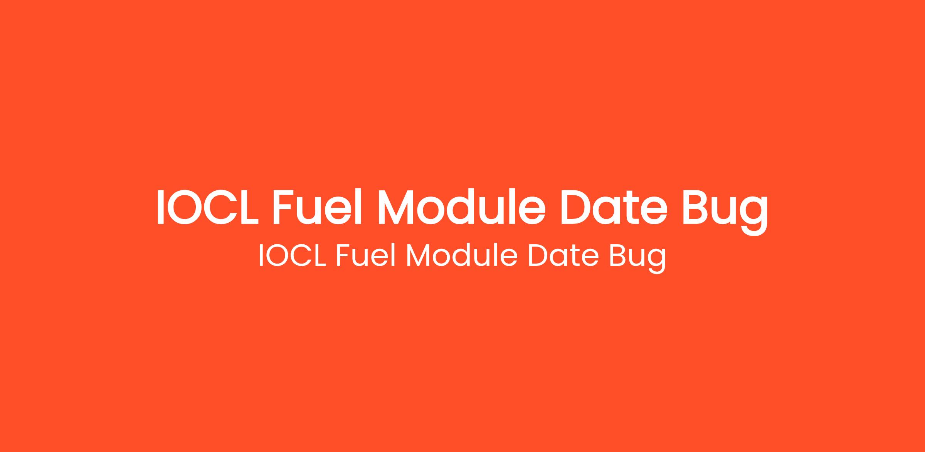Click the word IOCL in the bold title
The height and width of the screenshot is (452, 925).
click(208, 207)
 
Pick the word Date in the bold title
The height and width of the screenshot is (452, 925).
click(614, 207)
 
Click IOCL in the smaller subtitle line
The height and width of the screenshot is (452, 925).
click(293, 255)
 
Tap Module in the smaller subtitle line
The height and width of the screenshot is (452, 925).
click(462, 255)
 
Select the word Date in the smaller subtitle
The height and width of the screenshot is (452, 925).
click(563, 255)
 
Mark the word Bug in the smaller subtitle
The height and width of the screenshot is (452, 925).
click(637, 258)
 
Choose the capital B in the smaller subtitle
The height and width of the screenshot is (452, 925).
click(618, 255)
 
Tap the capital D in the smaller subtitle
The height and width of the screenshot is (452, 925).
click(538, 255)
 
